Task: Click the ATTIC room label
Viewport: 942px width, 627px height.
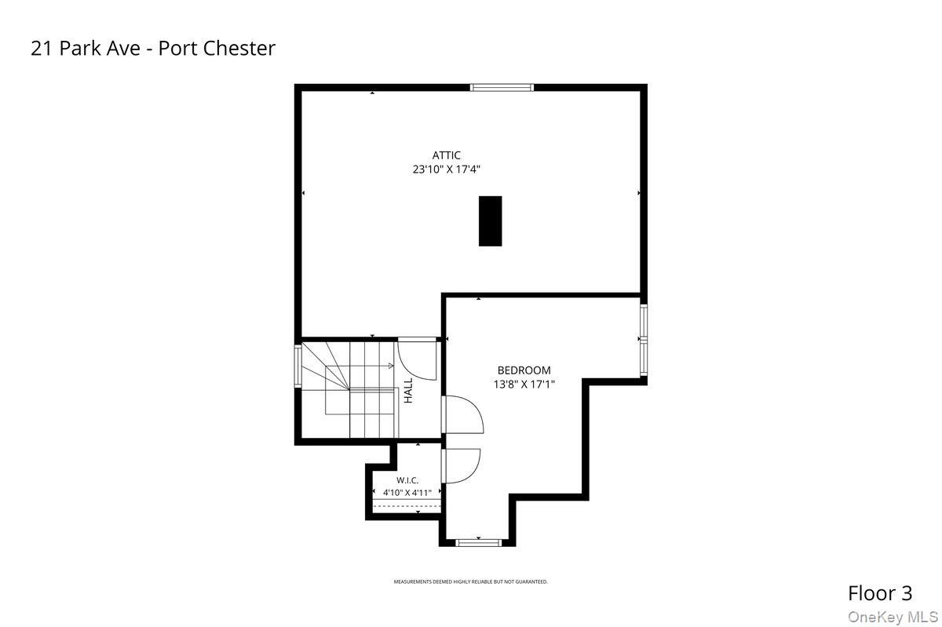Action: [x=446, y=155]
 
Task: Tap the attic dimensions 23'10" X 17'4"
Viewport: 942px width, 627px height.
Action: [x=446, y=170]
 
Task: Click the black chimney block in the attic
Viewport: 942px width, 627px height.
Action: [x=490, y=221]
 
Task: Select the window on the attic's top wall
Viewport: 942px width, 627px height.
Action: [x=502, y=87]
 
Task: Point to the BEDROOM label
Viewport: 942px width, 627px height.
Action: [x=524, y=370]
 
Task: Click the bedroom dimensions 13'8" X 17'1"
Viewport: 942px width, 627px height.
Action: [x=524, y=385]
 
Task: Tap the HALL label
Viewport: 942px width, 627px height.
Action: [x=408, y=390]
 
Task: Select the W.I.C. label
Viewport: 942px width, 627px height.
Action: [x=407, y=480]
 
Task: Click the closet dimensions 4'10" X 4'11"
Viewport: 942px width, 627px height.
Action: [x=407, y=493]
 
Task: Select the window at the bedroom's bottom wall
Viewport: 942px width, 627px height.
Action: [x=479, y=543]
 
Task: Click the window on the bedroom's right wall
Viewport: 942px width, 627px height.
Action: [x=644, y=340]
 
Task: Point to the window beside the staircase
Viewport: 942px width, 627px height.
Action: [x=298, y=366]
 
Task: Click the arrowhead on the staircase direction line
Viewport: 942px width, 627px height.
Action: [x=391, y=366]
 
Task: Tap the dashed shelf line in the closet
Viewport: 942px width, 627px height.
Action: [x=407, y=506]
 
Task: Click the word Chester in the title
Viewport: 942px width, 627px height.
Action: [x=239, y=48]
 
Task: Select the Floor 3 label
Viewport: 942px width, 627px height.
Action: [x=880, y=593]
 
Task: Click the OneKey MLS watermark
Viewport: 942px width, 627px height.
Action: [x=893, y=617]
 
